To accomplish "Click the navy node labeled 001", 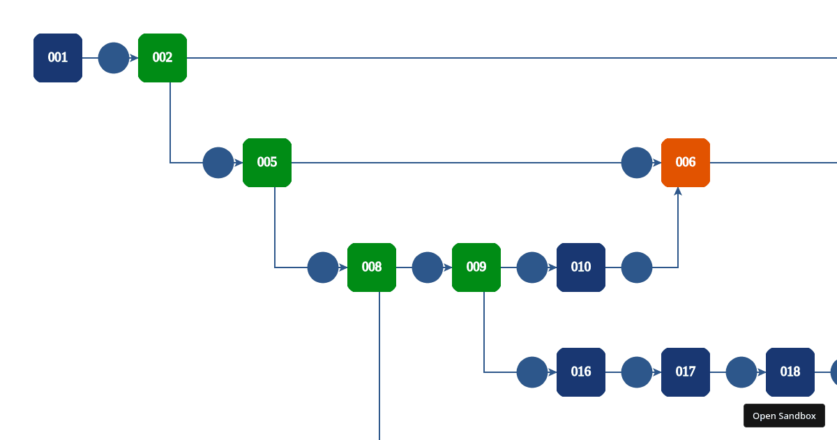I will [58, 58].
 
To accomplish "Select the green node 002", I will [163, 58].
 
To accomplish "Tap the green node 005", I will [267, 163].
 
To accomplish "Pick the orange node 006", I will [686, 163].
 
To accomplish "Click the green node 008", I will [372, 267].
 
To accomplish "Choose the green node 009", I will [476, 267].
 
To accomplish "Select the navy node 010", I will [581, 267].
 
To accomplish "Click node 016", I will [581, 372].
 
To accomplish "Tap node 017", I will [686, 372].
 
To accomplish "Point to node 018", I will [790, 372].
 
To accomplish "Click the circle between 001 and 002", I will [114, 58].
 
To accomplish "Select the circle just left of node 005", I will [218, 163].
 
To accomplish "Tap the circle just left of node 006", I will [637, 163].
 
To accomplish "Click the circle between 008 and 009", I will [428, 267].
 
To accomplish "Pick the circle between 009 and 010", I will [532, 267].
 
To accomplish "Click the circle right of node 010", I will [637, 267].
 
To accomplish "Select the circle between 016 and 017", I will [637, 372].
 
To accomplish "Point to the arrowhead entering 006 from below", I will [678, 191].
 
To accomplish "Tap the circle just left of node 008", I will [323, 267].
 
